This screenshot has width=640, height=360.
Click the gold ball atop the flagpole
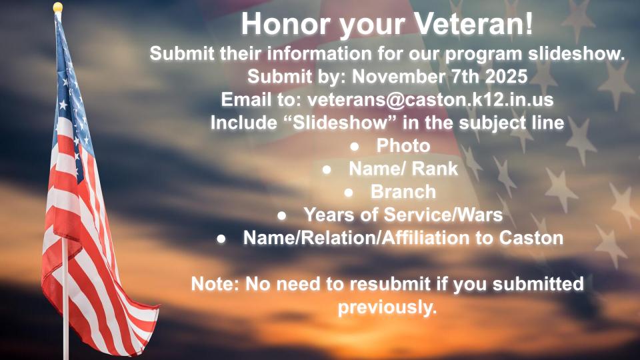[58, 7]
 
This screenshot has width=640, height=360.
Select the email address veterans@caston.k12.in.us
[430, 99]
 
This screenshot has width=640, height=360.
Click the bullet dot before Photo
[354, 147]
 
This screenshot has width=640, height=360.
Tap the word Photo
[403, 146]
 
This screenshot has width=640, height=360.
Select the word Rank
[435, 169]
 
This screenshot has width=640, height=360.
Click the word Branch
[403, 192]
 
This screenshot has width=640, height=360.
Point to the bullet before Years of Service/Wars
[281, 215]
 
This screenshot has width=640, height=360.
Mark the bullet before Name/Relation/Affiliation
[221, 239]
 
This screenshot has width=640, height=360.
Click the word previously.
[387, 308]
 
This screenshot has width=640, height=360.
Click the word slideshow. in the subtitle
[577, 53]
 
